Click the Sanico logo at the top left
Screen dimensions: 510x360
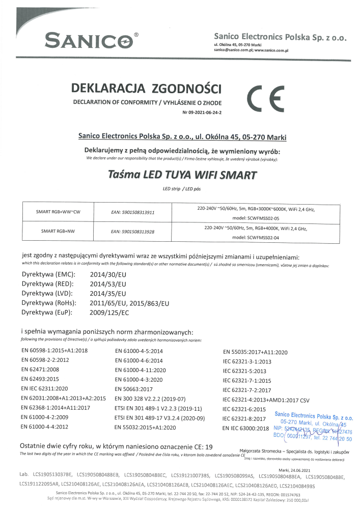pyautogui.click(x=90, y=39)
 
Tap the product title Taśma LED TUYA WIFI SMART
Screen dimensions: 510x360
pyautogui.click(x=183, y=176)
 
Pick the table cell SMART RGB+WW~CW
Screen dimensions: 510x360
pyautogui.click(x=59, y=212)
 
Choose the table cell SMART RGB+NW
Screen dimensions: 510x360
pyautogui.click(x=59, y=232)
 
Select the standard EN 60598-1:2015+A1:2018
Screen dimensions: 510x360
pyautogui.click(x=54, y=351)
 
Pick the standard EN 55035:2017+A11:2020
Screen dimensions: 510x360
pyautogui.click(x=256, y=352)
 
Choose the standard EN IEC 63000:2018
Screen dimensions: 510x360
pyautogui.click(x=245, y=428)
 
